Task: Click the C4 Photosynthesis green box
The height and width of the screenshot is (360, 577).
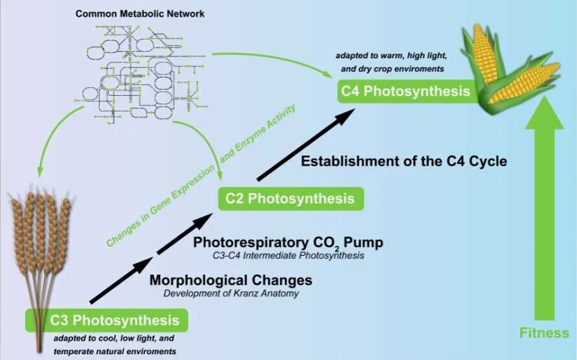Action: [405, 91]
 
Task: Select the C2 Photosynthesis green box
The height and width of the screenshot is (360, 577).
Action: [290, 198]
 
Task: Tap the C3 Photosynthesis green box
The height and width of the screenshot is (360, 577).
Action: [107, 320]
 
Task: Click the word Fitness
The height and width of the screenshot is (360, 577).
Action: [544, 333]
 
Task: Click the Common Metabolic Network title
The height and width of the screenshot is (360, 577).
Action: [140, 13]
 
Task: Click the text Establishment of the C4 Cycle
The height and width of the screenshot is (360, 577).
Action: [403, 160]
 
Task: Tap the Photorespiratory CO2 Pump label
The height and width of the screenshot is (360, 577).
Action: [288, 243]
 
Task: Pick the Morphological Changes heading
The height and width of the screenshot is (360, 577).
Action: [231, 281]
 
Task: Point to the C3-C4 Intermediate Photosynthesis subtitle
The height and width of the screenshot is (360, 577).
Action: [288, 256]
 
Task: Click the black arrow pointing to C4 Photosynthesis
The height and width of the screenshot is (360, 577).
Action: [304, 146]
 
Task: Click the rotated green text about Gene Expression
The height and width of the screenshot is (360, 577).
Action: [201, 175]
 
